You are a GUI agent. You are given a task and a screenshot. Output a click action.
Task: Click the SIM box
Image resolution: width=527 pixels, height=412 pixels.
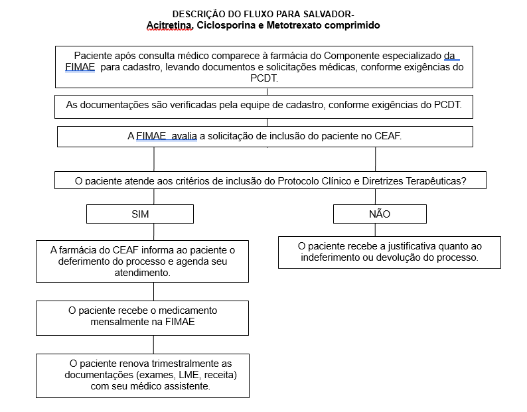[x=140, y=214]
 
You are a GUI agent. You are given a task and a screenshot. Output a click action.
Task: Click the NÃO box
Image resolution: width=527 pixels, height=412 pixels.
[x=380, y=214]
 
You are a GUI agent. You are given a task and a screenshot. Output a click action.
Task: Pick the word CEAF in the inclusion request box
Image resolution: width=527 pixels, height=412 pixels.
[x=388, y=136]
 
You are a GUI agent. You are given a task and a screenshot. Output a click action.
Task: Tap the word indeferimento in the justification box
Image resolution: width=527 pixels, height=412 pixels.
[x=332, y=257]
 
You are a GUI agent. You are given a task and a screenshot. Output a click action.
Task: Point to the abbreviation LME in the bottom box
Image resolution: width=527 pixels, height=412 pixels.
[x=179, y=375]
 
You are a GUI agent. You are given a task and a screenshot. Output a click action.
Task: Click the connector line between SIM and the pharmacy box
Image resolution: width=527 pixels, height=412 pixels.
[x=154, y=232]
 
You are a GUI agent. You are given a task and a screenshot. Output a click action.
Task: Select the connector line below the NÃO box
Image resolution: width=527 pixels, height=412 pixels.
[x=375, y=230]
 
